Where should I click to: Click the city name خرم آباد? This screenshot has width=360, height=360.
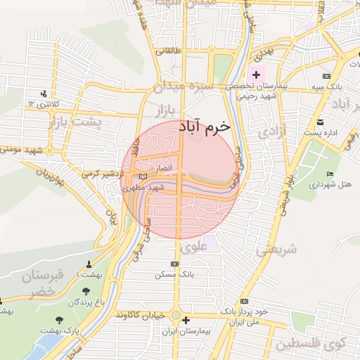(x=204, y=126)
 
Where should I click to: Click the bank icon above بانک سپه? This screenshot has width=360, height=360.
(x=325, y=76)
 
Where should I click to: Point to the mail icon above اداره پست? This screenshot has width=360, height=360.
(x=321, y=122)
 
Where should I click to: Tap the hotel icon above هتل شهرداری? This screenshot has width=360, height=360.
(x=330, y=174)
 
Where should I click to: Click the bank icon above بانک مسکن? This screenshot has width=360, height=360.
(x=175, y=264)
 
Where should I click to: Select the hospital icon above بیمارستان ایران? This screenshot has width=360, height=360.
(x=186, y=321)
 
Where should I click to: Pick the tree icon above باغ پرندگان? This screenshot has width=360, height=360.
(x=86, y=290)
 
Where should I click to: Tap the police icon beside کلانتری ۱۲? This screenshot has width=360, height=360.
(x=45, y=94)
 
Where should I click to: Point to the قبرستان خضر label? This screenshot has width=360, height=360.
(x=42, y=283)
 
